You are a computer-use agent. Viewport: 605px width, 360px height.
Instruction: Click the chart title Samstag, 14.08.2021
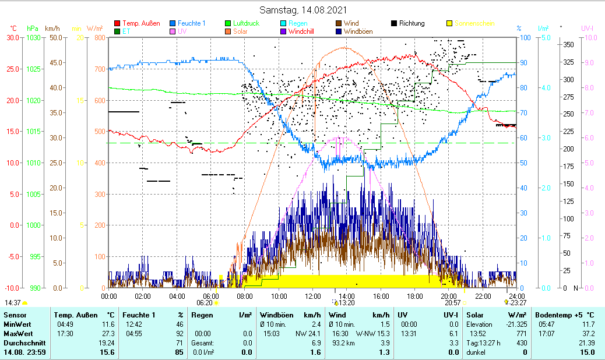[302, 10]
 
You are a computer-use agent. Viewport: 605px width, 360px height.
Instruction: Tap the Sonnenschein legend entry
[474, 23]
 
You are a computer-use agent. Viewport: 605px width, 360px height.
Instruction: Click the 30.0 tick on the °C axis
[13, 38]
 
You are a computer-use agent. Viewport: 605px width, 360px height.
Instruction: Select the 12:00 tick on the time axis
[313, 296]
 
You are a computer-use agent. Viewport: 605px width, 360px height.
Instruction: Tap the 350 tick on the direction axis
[569, 44]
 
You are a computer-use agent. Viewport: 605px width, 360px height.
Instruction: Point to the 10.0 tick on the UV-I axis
[590, 38]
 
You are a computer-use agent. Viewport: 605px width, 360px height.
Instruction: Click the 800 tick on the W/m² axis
[99, 38]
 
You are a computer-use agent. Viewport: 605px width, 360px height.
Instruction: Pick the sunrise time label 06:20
[205, 303]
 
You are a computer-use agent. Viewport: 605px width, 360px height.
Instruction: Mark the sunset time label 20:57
[453, 303]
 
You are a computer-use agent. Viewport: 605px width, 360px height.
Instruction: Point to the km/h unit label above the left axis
[52, 29]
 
